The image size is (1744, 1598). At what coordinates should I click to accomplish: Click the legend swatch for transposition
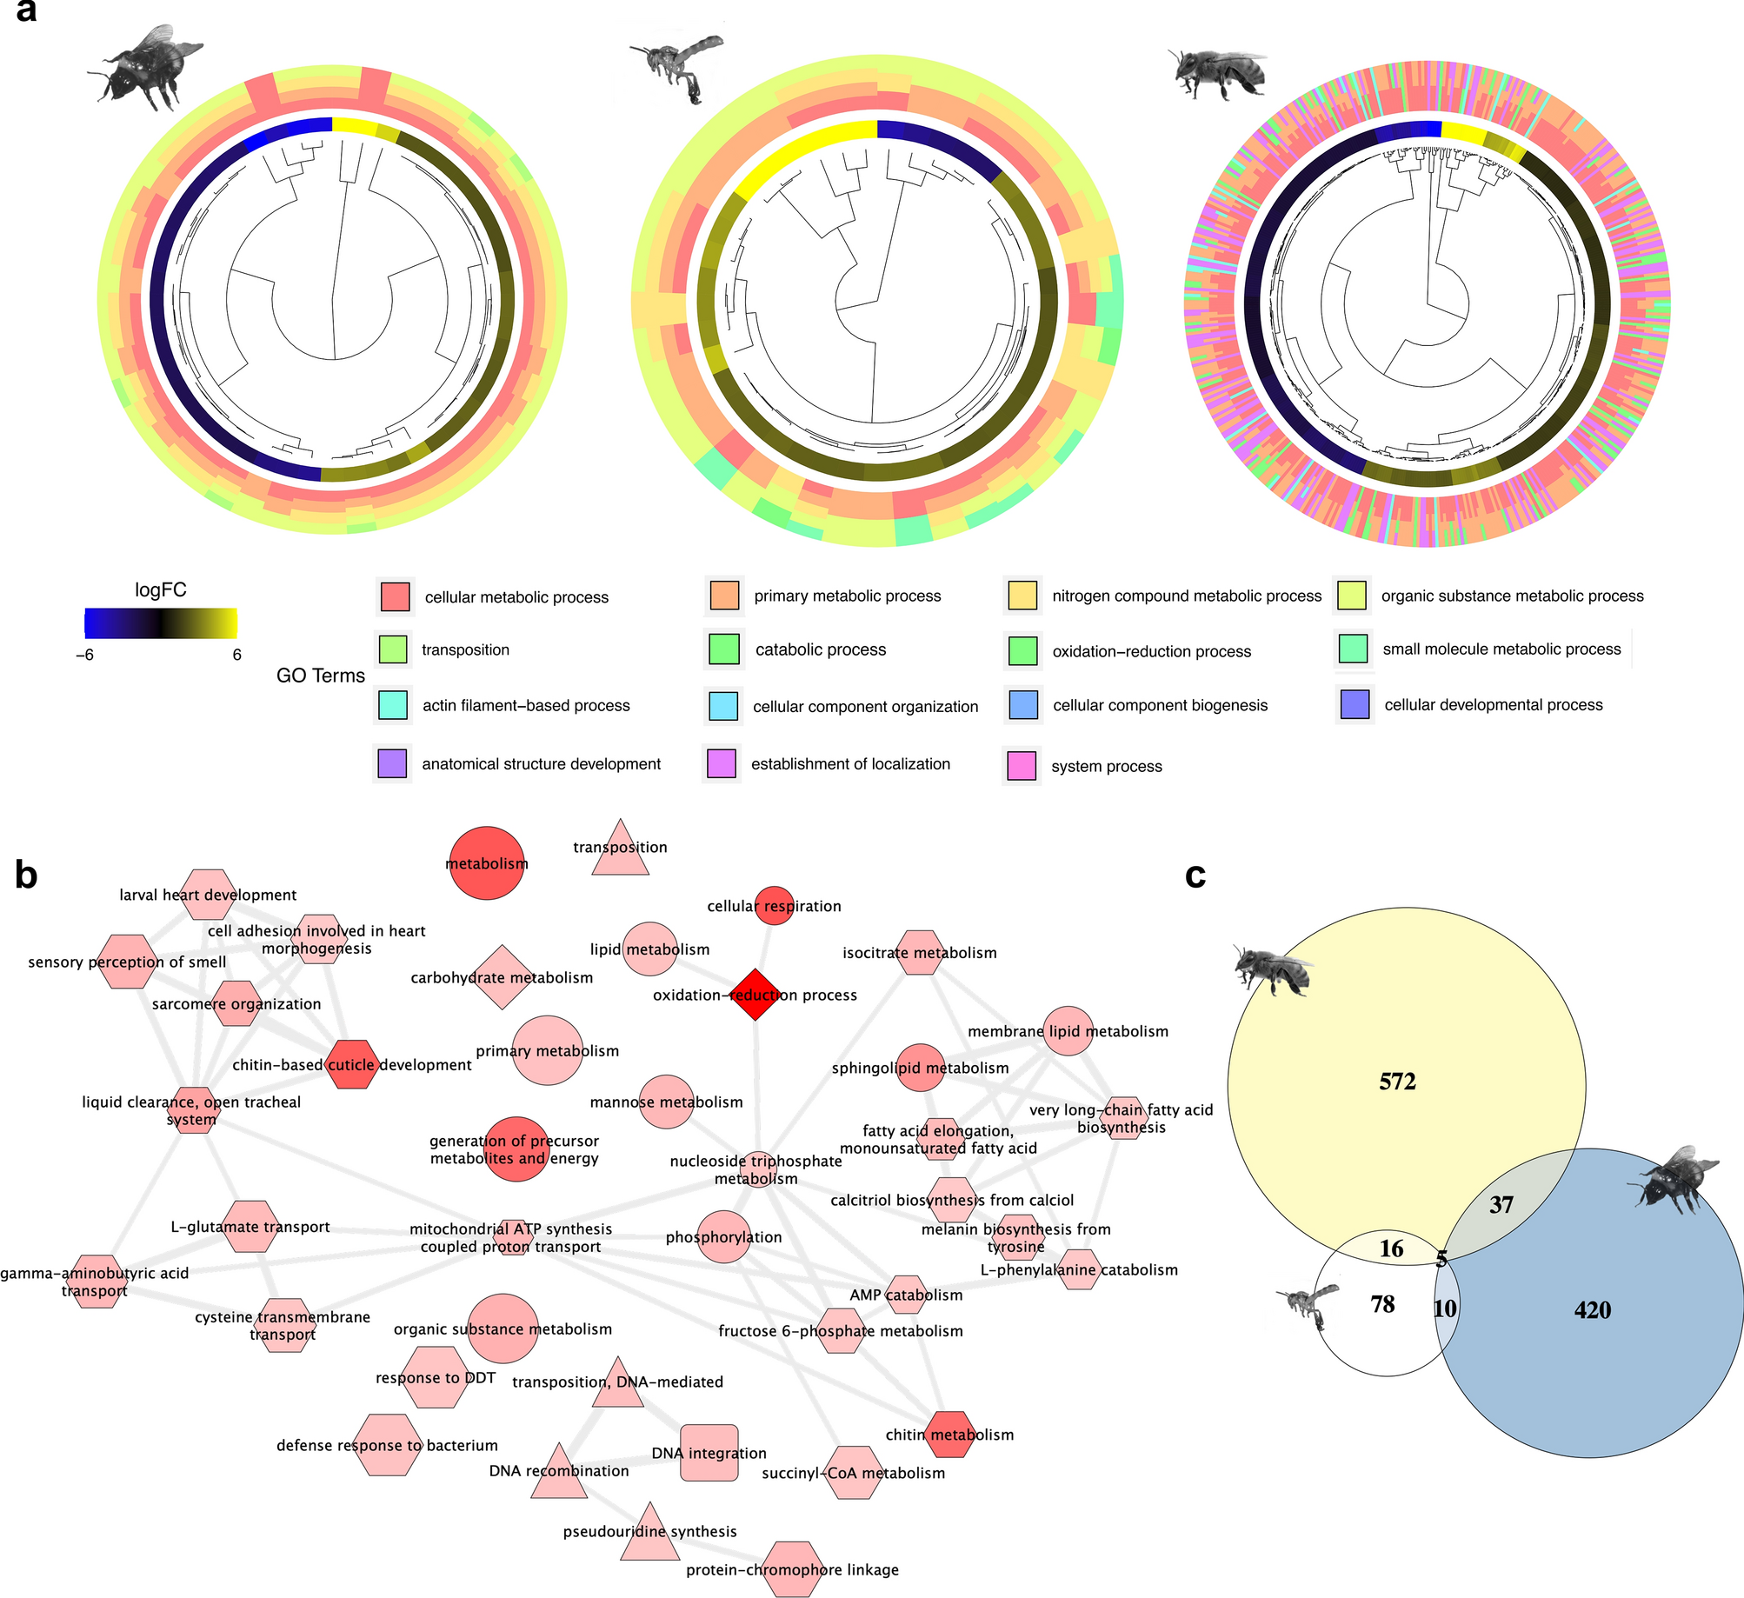[x=393, y=649]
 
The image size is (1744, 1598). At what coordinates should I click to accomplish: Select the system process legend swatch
[x=1022, y=765]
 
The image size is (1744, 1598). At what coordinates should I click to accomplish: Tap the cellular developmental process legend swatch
[x=1355, y=704]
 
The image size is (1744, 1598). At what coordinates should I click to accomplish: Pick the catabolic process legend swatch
[x=723, y=649]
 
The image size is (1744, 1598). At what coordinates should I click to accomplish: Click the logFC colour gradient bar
[x=161, y=623]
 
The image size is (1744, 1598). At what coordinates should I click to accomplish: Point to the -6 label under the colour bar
[x=84, y=655]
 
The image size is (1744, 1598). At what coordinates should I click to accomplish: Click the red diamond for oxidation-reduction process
[x=756, y=995]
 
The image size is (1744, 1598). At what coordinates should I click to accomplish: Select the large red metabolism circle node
[x=487, y=863]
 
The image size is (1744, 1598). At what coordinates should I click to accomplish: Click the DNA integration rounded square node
[x=709, y=1453]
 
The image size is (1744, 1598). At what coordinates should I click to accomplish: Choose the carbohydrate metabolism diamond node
[x=503, y=977]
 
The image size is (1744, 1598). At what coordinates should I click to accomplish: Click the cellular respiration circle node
[x=774, y=906]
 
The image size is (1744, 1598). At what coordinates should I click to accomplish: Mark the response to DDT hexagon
[x=436, y=1378]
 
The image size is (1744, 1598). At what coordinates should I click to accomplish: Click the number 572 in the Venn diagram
[x=1397, y=1081]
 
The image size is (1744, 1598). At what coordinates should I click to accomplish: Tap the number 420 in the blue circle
[x=1592, y=1310]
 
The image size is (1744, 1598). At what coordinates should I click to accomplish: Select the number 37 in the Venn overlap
[x=1501, y=1205]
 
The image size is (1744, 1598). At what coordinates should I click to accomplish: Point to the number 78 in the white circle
[x=1382, y=1304]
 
